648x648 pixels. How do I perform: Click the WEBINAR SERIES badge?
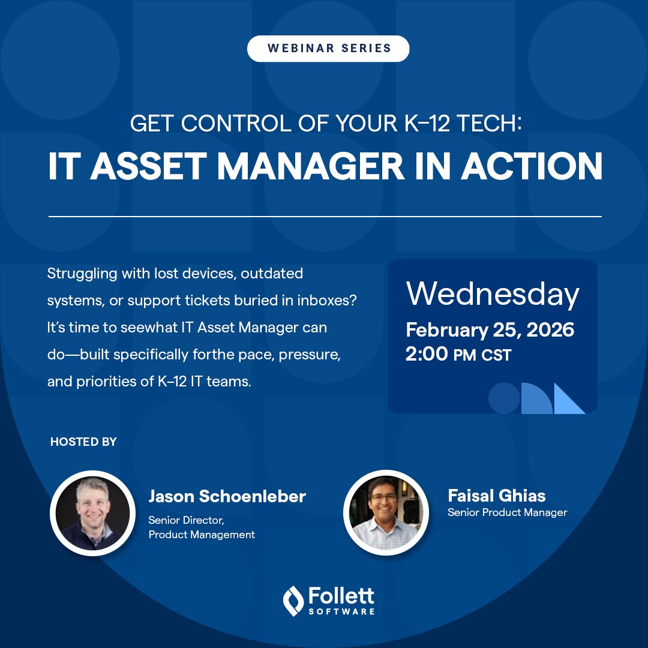point(328,49)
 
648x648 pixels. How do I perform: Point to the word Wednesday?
point(493,294)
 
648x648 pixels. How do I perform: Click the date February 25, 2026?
point(490,329)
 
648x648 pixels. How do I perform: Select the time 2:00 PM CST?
point(458,355)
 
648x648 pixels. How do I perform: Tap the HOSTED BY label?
point(83,442)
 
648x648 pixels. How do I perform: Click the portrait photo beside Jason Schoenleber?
point(92,514)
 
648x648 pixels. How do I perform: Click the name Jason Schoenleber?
point(227,496)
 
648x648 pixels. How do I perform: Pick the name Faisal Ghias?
point(497,496)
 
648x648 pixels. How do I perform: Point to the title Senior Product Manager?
point(507,512)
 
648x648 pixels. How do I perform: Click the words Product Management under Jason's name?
point(202,535)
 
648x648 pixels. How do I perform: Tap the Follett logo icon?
point(293,601)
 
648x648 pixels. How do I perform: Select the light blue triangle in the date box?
point(568,400)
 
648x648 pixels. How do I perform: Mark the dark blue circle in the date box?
point(504,398)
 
